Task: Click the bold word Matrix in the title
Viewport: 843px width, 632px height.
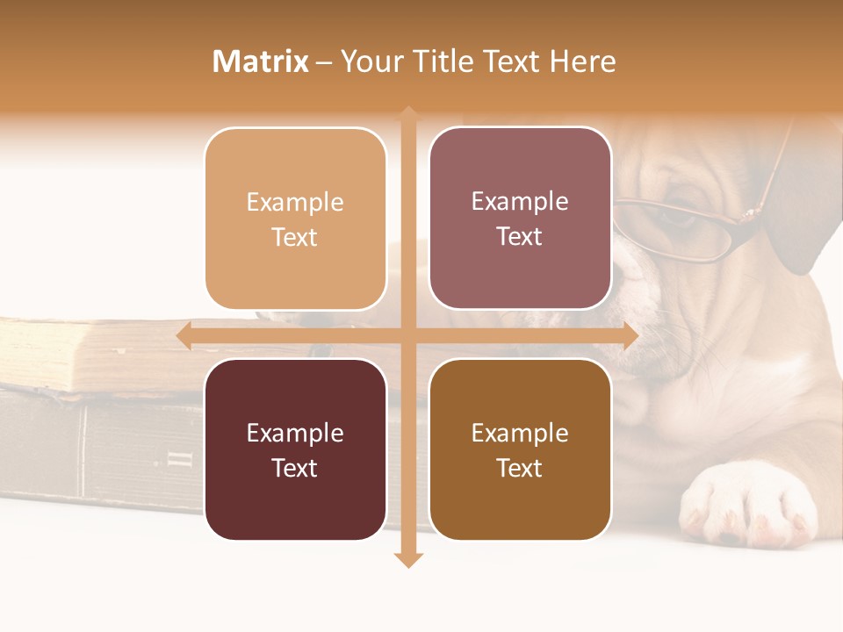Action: tap(261, 61)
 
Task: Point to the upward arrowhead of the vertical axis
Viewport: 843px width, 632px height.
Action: tap(408, 114)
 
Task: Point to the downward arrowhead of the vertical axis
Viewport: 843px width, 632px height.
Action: tap(408, 560)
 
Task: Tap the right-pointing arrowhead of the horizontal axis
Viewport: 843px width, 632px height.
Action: tap(630, 336)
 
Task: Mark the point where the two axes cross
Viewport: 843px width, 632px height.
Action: tap(408, 336)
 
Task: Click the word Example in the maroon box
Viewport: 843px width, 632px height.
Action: tap(295, 433)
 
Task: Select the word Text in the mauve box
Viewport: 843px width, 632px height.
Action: tap(520, 237)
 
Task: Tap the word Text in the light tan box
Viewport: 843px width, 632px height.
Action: tap(295, 238)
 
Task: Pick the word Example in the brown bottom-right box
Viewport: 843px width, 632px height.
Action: tap(520, 433)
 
